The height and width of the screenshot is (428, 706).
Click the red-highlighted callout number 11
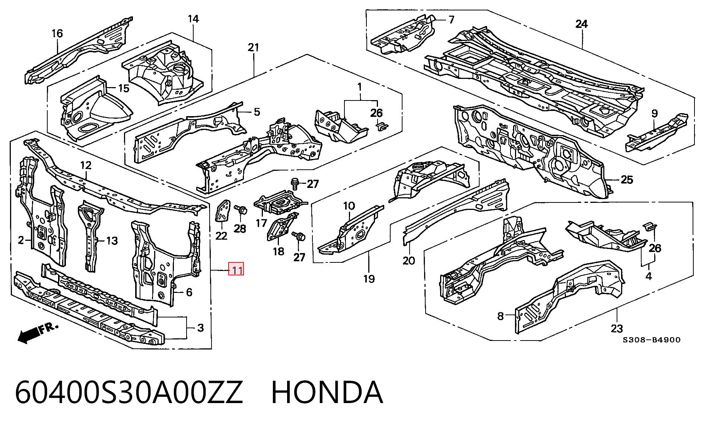236,269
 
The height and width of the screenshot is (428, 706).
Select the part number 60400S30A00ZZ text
129,393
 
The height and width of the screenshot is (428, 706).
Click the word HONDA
327,393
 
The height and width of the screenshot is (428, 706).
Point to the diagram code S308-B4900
652,339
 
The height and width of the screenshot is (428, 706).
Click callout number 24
581,25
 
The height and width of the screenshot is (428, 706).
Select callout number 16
57,33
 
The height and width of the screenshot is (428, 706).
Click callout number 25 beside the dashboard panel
627,180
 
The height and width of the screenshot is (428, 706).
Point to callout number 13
112,241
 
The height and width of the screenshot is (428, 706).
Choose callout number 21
253,47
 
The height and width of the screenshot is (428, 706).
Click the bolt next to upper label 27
295,182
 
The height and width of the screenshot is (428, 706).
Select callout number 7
451,19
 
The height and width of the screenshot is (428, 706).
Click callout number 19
369,278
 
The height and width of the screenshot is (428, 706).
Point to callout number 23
617,329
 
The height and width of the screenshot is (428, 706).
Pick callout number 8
500,316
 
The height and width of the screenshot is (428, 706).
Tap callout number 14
193,18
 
